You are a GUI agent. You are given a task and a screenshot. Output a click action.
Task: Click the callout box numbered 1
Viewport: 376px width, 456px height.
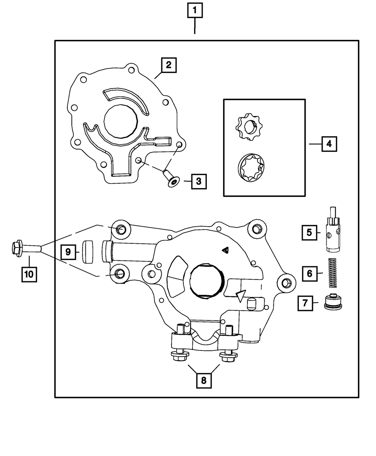(194, 11)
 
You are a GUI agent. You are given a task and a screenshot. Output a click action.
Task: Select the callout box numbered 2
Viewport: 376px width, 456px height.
(168, 65)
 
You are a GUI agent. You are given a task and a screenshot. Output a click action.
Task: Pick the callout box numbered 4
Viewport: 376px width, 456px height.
(329, 144)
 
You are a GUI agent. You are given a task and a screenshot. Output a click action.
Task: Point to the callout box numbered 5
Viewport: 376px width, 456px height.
(309, 232)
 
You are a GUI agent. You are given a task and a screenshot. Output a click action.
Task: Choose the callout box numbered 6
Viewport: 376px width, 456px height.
(309, 273)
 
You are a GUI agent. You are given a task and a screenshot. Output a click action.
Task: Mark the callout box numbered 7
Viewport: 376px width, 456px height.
(305, 303)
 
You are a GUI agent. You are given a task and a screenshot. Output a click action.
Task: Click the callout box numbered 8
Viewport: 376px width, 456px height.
(203, 380)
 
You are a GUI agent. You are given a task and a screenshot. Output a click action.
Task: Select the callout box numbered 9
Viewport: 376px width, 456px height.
(68, 252)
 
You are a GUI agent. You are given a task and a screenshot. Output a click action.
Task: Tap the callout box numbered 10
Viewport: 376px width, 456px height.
(29, 274)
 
